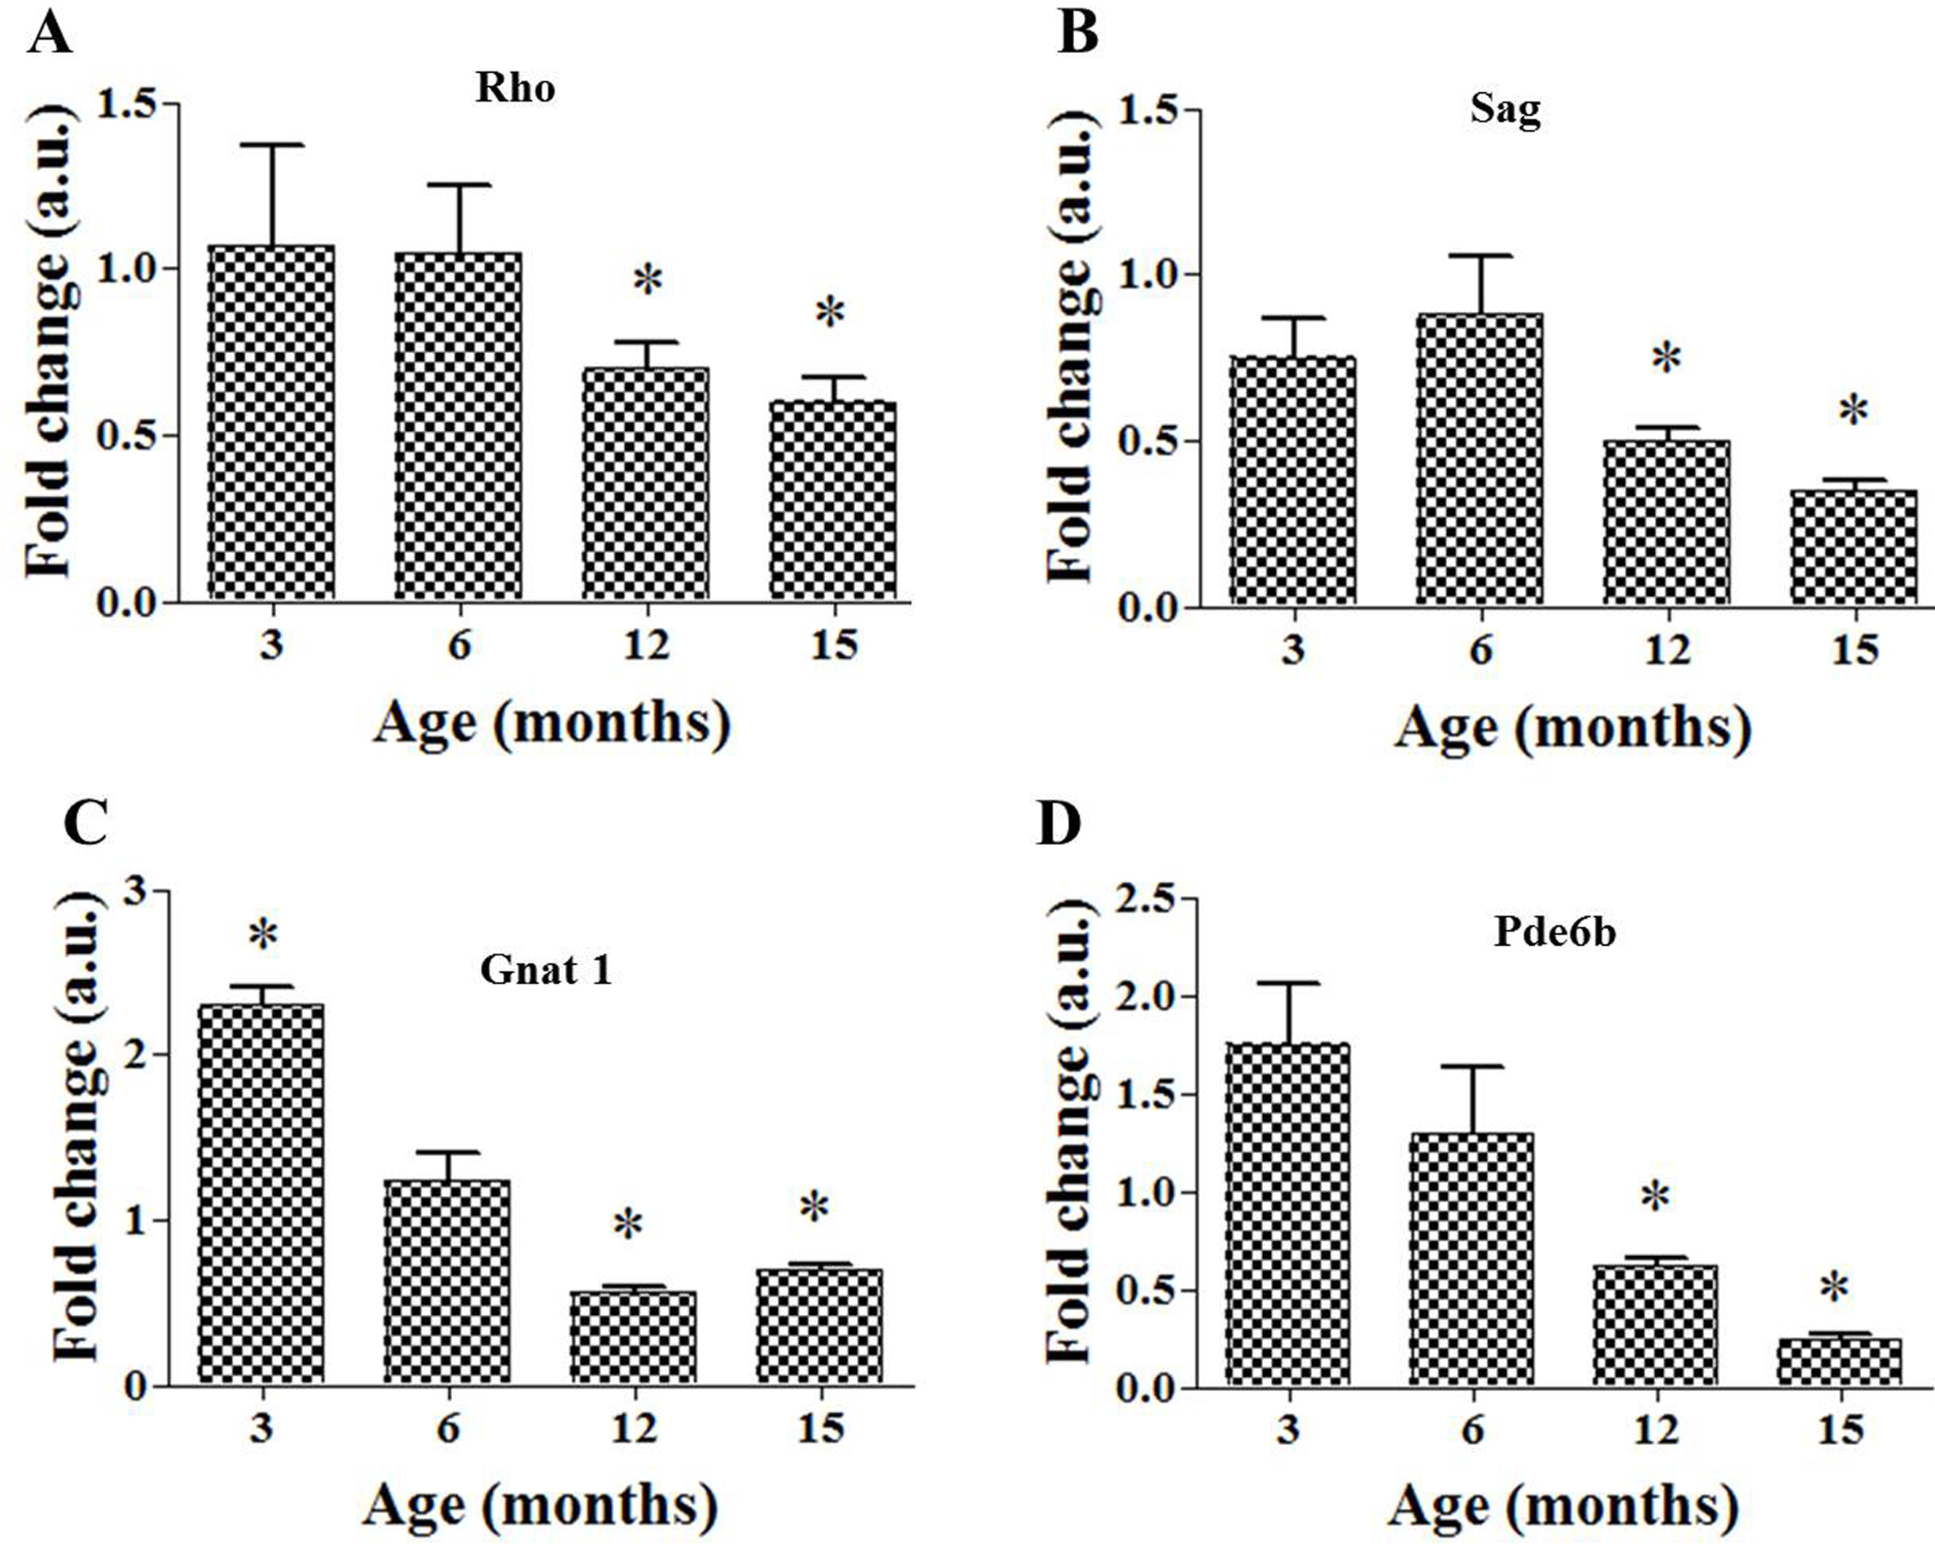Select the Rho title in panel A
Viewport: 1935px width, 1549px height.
coord(515,89)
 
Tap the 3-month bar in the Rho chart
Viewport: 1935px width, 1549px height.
coord(271,422)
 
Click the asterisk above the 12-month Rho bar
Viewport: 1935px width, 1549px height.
coord(647,282)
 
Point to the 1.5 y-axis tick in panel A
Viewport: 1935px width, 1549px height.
coord(129,105)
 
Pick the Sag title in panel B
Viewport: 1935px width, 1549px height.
coord(1505,110)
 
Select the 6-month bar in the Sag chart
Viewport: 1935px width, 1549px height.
coord(1480,459)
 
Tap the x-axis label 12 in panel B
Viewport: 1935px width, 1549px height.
coord(1667,649)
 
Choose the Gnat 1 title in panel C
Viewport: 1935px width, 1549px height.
coord(546,971)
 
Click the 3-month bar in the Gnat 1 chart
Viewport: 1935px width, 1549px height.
coord(261,1194)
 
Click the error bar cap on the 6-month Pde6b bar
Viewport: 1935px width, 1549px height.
coord(1472,1067)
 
